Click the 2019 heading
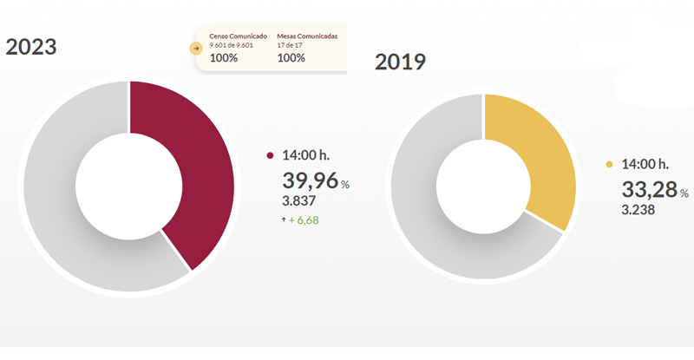400,62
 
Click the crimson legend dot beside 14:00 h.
270,156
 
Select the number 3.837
300,201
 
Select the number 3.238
638,210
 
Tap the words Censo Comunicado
239,37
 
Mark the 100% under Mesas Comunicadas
291,58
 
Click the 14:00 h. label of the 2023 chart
306,156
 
